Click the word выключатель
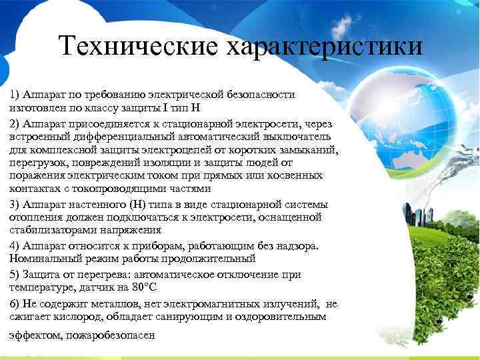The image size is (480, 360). [x=293, y=136]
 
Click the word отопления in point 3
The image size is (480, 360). [x=35, y=217]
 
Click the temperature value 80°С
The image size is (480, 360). [x=143, y=288]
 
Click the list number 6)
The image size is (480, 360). [x=15, y=303]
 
